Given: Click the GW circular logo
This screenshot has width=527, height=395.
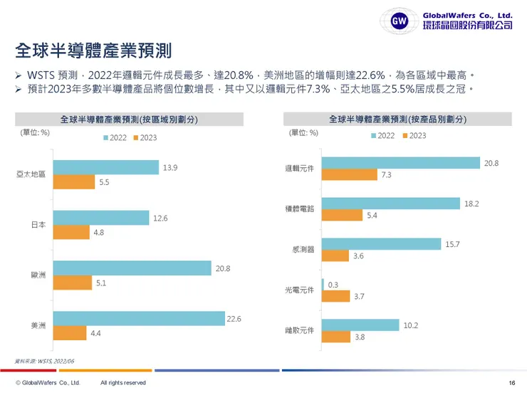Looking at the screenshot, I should click(400, 20).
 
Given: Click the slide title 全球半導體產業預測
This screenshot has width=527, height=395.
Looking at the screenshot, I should click(93, 52).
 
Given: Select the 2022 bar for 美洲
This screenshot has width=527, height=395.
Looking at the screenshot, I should click(139, 319).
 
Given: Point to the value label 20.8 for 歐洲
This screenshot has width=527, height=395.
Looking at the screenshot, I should click(222, 268).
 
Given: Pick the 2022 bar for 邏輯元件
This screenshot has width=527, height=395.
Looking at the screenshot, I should click(401, 163).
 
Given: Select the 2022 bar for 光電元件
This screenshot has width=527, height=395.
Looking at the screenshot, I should click(323, 285).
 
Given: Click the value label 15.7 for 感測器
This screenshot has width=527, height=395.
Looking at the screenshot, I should click(453, 244).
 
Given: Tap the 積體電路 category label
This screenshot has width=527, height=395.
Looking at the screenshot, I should click(299, 209).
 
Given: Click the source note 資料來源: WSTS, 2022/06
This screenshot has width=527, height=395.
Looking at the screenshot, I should click(44, 362).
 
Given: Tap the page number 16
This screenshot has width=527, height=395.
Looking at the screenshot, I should click(512, 384).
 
